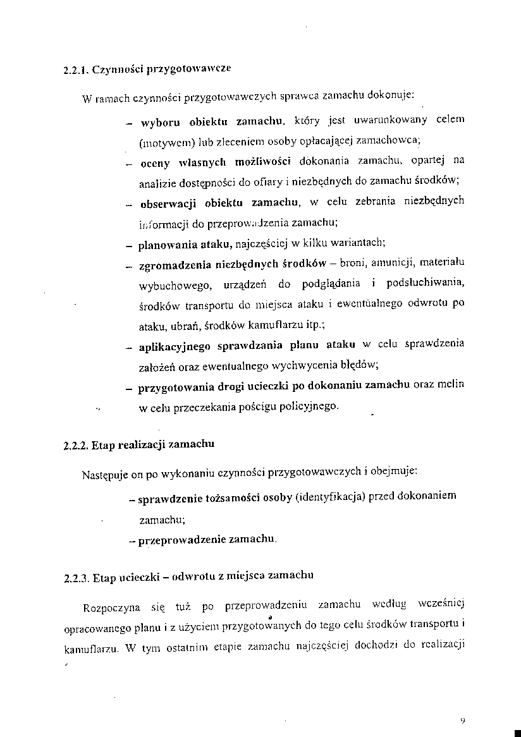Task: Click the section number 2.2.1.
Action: pos(76,70)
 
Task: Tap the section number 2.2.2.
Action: pos(76,444)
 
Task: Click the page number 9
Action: pos(463,720)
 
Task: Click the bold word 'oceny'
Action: pos(154,162)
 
